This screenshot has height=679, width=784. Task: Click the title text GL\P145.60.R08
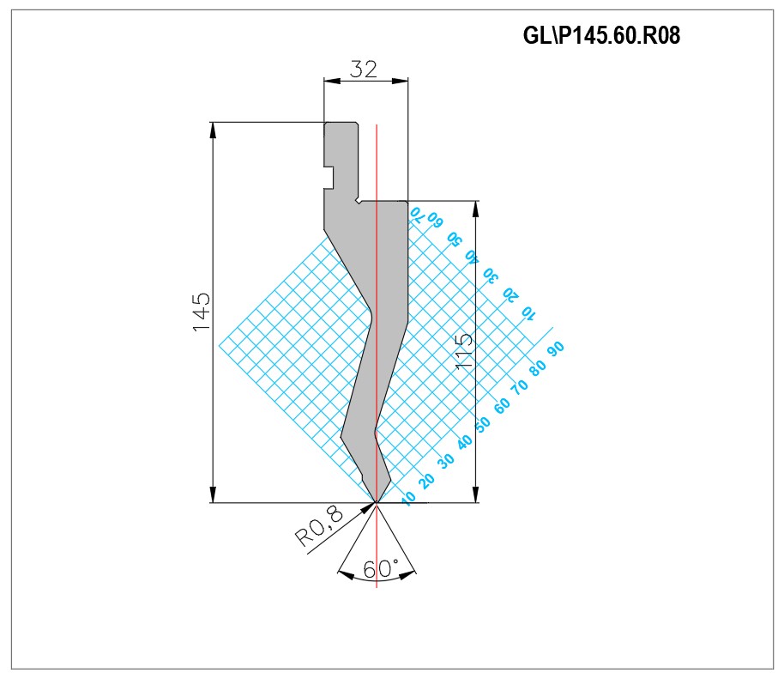[x=601, y=35]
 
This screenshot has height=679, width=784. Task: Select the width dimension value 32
[x=363, y=69]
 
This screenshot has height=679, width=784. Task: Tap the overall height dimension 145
[x=202, y=312]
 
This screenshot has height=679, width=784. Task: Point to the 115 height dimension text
[x=464, y=352]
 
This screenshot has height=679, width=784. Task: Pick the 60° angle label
[x=381, y=568]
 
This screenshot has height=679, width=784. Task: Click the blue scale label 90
[x=556, y=349]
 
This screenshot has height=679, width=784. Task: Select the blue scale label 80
[x=538, y=367]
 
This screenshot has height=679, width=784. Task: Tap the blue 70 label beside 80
[x=520, y=385]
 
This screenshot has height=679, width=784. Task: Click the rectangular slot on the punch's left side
[x=329, y=178]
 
